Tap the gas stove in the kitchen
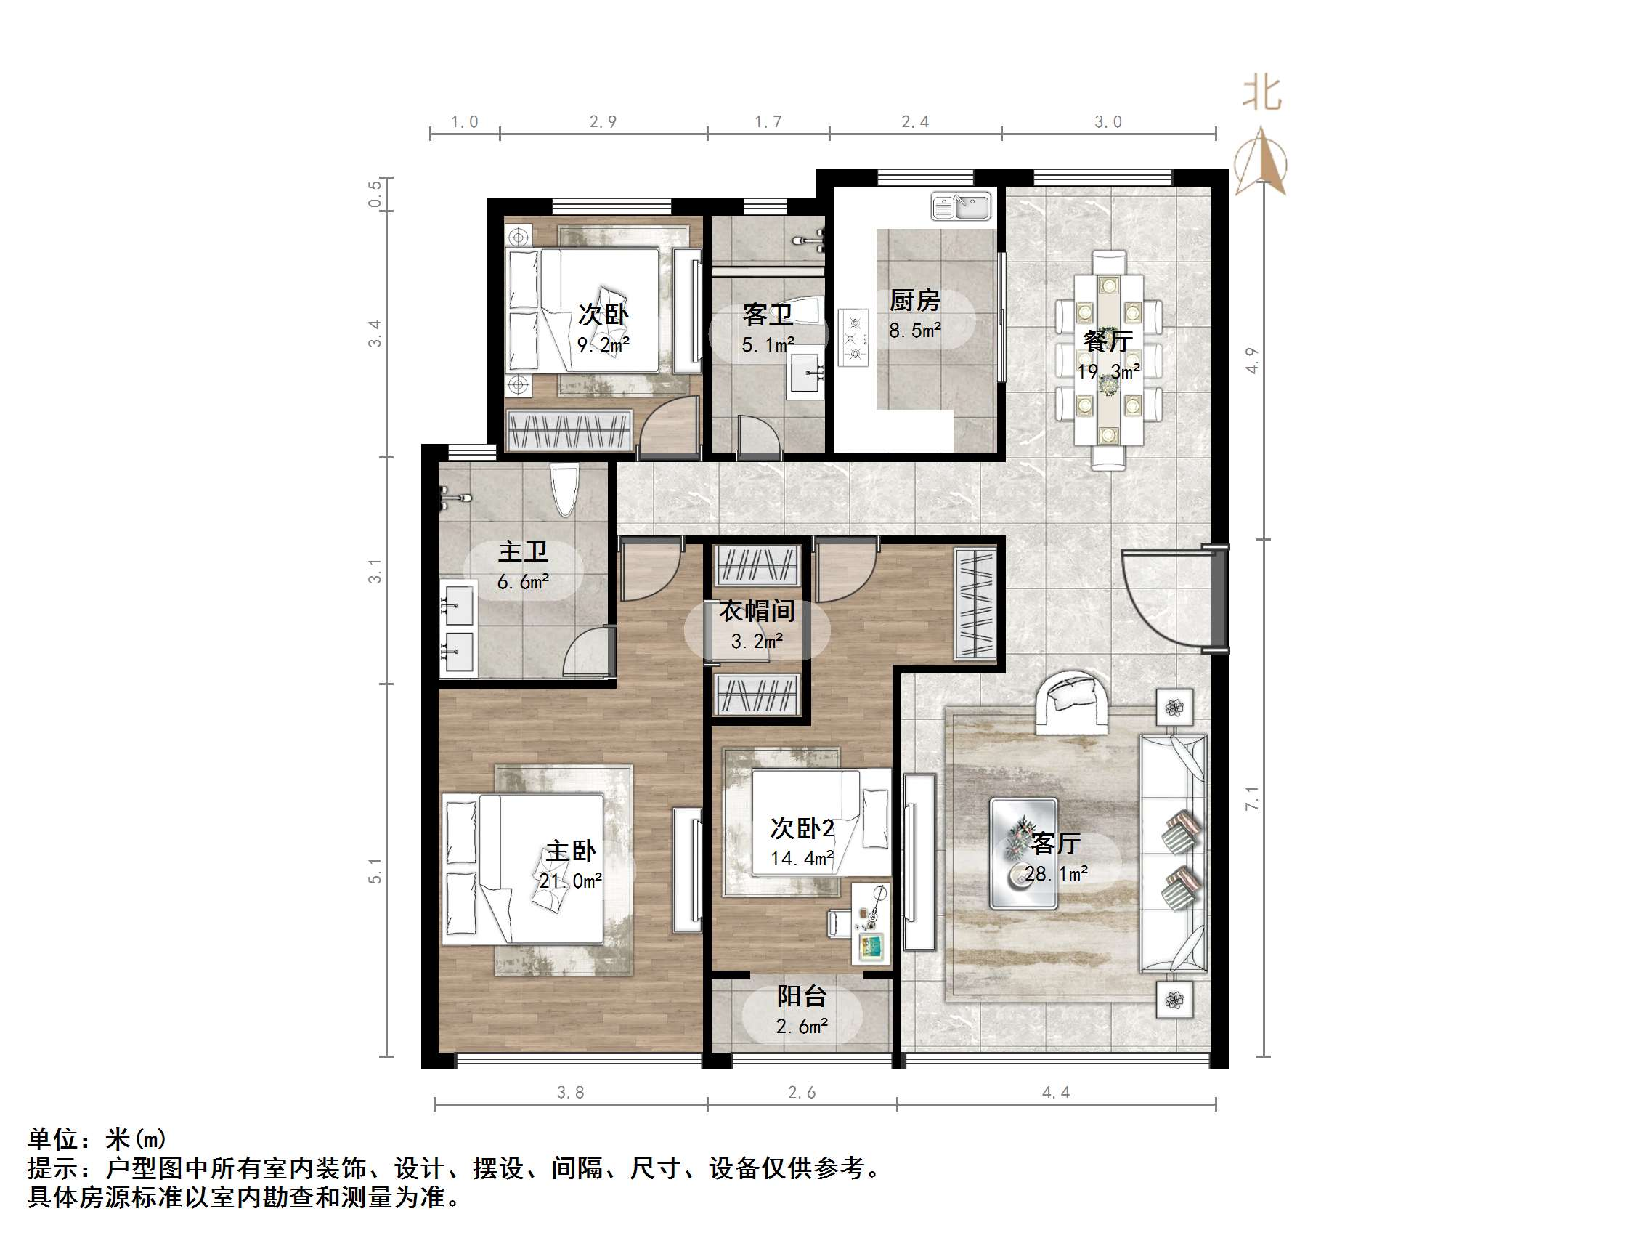click(x=853, y=338)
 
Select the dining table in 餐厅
click(x=1108, y=360)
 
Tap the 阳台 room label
click(x=802, y=996)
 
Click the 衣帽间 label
click(x=757, y=611)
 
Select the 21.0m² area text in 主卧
click(x=571, y=881)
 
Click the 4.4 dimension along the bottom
click(x=1055, y=1093)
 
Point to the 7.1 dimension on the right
click(x=1253, y=798)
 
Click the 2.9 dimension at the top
click(x=603, y=121)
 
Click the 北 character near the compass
click(x=1262, y=94)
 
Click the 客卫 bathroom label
click(x=767, y=315)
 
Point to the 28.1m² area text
click(x=1055, y=874)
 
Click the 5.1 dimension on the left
click(x=375, y=871)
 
